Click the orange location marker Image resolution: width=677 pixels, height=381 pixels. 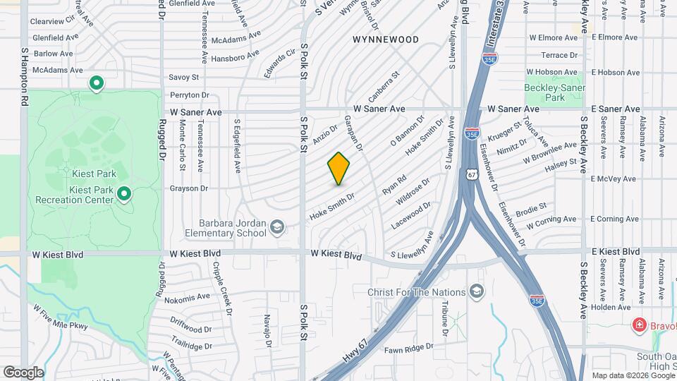coord(338,169)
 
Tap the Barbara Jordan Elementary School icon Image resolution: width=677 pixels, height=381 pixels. coord(278,227)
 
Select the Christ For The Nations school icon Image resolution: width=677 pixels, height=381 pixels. coord(477,292)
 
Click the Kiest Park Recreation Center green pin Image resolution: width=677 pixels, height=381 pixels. coord(124,193)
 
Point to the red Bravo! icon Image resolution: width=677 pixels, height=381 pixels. coord(639,325)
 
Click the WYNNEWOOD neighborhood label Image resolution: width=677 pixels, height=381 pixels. coord(386,40)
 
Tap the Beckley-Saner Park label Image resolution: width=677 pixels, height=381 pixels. coord(554,92)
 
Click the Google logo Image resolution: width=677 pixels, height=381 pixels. coord(23,372)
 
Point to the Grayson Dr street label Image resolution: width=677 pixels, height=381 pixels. coord(189,188)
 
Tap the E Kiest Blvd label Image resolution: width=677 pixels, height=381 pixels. coord(616,251)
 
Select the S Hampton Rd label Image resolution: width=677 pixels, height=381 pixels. coord(24,77)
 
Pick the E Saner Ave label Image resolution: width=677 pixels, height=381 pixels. coord(616,109)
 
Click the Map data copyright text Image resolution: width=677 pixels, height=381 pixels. coord(633,375)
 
